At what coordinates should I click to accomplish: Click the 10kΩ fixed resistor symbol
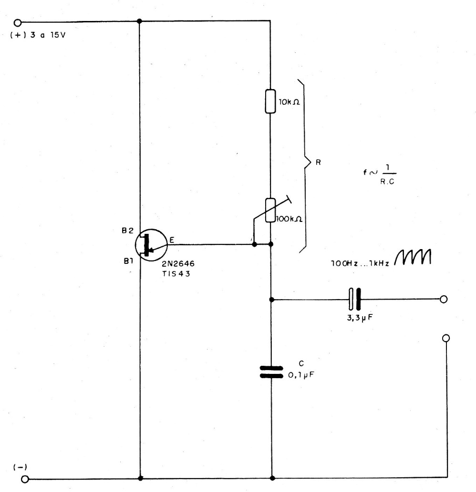click(270, 101)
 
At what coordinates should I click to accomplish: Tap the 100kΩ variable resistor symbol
click(270, 210)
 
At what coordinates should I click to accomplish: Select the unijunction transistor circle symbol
click(151, 245)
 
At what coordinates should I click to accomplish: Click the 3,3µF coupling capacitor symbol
click(355, 299)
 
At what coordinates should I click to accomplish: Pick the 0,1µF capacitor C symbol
click(271, 372)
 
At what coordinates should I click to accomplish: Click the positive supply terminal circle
click(18, 23)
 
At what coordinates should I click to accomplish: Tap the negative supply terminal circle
click(25, 479)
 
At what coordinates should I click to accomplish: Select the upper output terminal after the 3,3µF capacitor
click(443, 299)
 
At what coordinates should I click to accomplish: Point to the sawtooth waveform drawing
click(413, 257)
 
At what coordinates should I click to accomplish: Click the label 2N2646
click(178, 263)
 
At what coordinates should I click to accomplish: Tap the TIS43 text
click(176, 273)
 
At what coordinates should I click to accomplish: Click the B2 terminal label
click(127, 231)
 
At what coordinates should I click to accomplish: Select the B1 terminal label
click(128, 261)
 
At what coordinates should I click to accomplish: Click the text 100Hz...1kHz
click(360, 263)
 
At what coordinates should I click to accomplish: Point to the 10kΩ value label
click(290, 102)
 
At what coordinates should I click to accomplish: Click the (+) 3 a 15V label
click(38, 35)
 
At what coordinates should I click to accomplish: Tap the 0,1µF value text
click(301, 375)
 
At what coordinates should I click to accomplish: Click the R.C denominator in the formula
click(387, 181)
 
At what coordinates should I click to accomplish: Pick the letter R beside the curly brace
click(318, 162)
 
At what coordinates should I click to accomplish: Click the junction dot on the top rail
click(139, 21)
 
